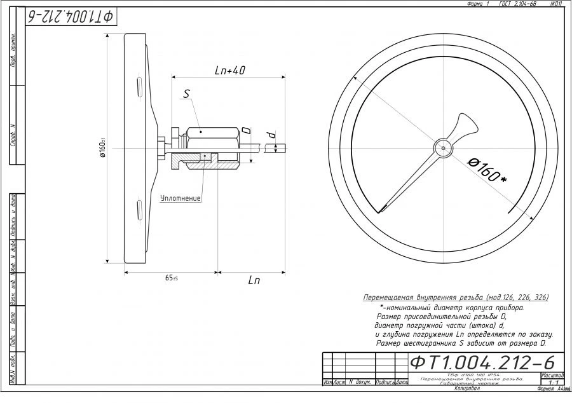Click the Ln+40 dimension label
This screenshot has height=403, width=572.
coord(230,71)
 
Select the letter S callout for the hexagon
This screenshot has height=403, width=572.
coord(186,93)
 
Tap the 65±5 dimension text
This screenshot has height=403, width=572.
coord(171,278)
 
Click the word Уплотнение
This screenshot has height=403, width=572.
coord(180,198)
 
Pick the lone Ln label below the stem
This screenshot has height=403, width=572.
coord(254,280)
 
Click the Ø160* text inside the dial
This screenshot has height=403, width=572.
coord(487,170)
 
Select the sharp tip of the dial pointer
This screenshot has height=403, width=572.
coord(381,212)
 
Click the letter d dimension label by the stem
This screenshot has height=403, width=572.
coord(270,135)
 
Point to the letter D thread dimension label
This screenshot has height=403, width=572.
coord(246,130)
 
